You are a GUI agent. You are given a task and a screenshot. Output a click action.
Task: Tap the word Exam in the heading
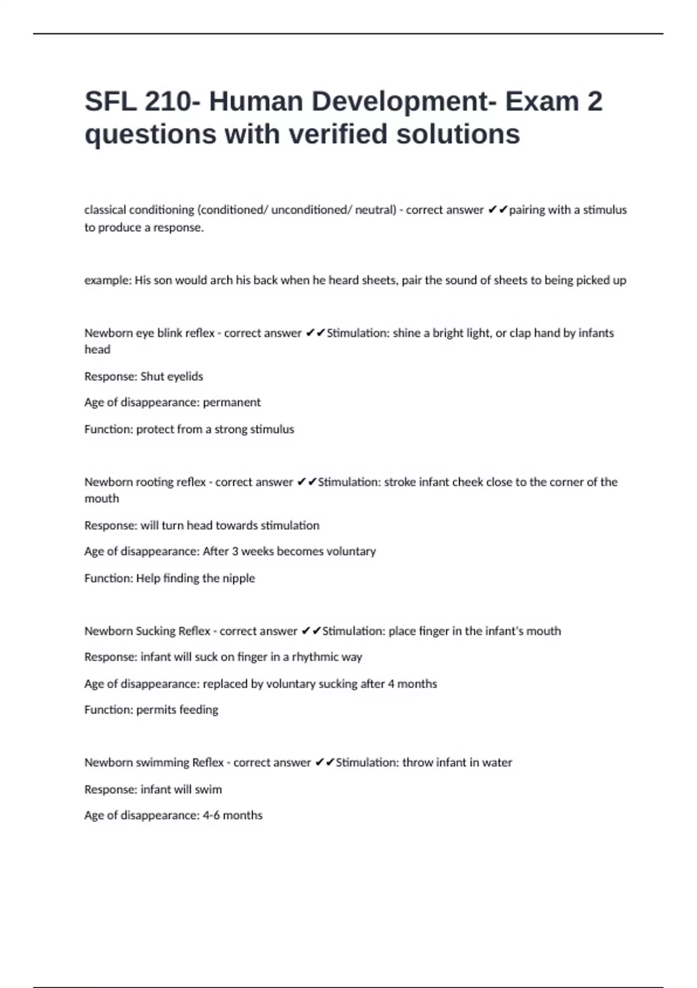[x=541, y=102]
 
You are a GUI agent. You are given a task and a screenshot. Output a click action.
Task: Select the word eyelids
[x=185, y=377]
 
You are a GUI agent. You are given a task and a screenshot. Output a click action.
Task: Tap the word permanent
[x=232, y=402]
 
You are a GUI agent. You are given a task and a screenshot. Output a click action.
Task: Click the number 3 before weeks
[x=235, y=551]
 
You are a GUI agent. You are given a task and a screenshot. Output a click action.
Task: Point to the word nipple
[x=239, y=578]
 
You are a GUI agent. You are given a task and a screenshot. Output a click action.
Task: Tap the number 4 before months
[x=391, y=684]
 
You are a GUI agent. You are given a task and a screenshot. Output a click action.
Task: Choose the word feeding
[x=199, y=710]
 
